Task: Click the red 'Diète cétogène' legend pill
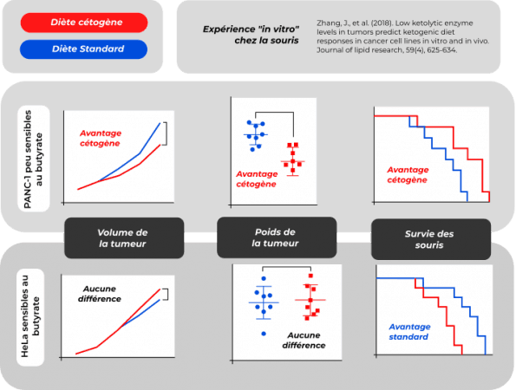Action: coord(84,23)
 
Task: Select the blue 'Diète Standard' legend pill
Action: coord(83,49)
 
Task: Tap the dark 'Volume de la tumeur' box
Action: coord(124,238)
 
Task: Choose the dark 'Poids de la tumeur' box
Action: coord(277,237)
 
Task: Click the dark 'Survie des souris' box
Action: coord(431,239)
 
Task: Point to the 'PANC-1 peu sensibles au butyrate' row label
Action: coord(33,159)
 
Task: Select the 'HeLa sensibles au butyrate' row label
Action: coord(30,317)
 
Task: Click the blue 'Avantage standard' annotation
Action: coord(409,332)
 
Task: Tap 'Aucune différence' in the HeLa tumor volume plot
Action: coord(100,294)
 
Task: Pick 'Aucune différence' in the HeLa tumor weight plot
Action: coord(304,340)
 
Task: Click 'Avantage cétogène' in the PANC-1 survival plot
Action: coord(408,174)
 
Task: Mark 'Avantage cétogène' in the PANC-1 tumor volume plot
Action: coord(101,138)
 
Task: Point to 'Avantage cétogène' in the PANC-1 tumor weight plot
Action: coord(257,179)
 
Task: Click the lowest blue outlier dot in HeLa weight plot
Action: coord(264,334)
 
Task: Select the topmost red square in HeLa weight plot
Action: coord(310,276)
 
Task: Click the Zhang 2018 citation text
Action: coord(402,36)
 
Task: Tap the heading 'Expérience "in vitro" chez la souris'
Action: coord(251,35)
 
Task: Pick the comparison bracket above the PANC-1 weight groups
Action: coord(274,113)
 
